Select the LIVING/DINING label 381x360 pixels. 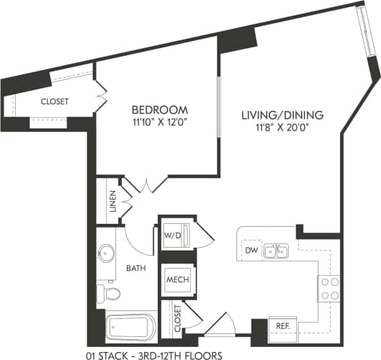(282, 114)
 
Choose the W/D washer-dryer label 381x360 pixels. (172, 235)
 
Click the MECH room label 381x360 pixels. (176, 279)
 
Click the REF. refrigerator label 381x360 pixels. (282, 326)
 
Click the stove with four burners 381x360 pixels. (330, 288)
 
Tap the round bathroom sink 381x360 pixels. (107, 254)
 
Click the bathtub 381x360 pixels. (130, 327)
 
